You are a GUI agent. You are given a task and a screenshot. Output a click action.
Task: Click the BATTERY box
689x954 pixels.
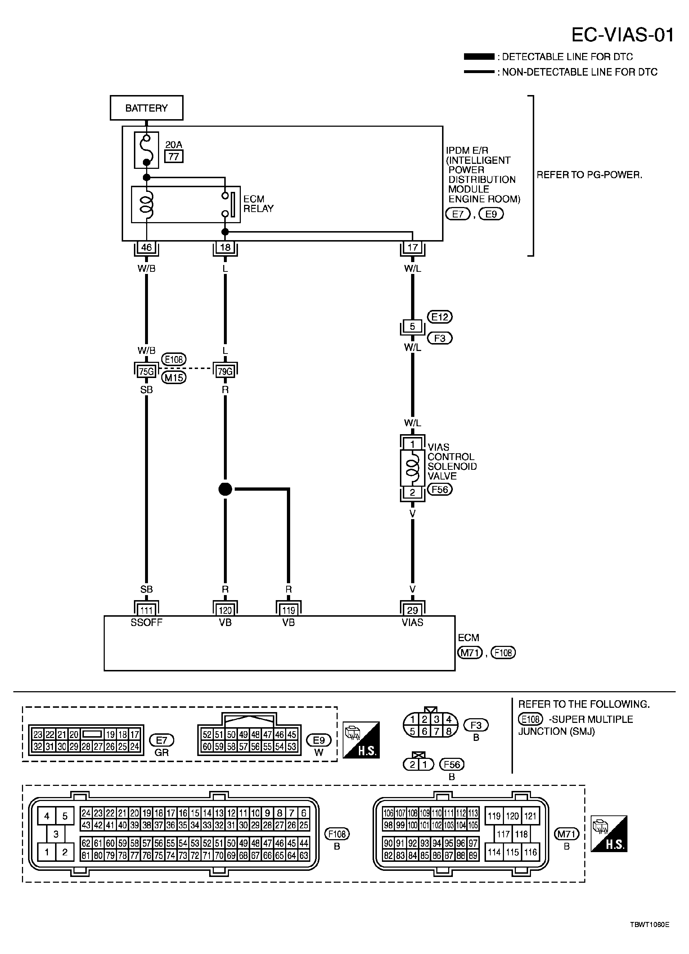coord(147,108)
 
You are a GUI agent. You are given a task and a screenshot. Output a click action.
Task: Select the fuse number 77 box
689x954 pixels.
coord(174,157)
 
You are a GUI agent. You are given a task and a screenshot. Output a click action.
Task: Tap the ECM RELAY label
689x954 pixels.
coord(258,204)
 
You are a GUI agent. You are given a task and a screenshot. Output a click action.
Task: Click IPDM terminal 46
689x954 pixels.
coord(147,247)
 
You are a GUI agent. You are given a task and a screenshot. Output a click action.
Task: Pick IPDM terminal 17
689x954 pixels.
coord(412,247)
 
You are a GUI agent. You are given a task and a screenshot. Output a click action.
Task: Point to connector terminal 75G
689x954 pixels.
coord(147,372)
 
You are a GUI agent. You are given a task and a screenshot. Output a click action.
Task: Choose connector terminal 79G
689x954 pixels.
coord(225,372)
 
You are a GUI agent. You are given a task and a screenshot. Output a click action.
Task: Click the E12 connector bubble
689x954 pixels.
coord(440,317)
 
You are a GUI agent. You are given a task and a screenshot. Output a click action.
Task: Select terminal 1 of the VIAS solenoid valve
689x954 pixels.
coord(412,444)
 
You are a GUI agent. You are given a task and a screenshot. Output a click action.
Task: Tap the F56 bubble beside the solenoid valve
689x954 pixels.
coord(440,490)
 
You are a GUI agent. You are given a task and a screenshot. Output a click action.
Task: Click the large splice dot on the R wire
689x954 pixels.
coord(225,489)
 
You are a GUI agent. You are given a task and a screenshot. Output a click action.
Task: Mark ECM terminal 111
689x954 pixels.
coord(147,610)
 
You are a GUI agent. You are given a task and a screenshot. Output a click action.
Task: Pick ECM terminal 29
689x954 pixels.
coord(412,610)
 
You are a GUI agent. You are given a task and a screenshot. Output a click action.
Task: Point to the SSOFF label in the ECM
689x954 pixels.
coord(147,622)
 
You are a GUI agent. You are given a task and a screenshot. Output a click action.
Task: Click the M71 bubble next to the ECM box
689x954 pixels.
coord(470,652)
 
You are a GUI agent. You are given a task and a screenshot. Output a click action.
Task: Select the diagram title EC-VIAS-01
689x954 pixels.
coord(622,35)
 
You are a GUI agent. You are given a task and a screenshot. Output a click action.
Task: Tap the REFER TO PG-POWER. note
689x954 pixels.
coord(589,175)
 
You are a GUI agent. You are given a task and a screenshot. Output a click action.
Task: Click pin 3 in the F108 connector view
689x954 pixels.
coord(55,834)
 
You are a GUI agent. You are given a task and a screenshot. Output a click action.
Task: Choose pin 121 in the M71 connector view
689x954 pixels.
coord(530,816)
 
